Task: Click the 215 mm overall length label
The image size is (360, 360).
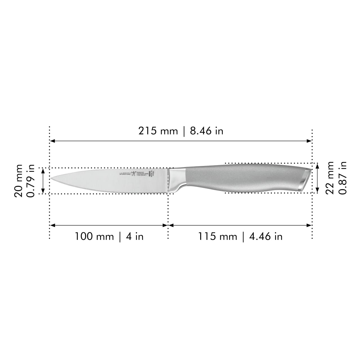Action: (158, 131)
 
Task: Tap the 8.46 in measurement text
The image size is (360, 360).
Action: (207, 131)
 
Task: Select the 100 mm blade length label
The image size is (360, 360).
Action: (94, 236)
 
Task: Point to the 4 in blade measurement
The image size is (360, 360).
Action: (135, 236)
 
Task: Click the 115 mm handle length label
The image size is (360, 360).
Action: (218, 236)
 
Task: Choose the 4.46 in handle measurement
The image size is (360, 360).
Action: (266, 236)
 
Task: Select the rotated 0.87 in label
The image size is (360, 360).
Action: (342, 178)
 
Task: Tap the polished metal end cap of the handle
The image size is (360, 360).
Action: (305, 178)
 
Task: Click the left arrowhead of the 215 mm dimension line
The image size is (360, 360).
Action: (52, 141)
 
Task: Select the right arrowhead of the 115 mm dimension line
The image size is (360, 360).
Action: (310, 225)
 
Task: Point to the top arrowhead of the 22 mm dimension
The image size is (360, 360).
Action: (318, 166)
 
